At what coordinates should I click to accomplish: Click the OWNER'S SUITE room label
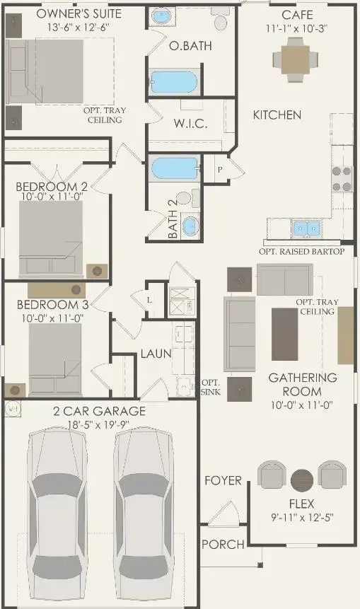[x=69, y=14]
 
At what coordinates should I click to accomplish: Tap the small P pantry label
[x=220, y=170]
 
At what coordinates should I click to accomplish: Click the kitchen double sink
[x=306, y=228]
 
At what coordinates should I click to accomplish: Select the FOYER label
[x=223, y=480]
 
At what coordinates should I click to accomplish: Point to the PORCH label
[x=223, y=545]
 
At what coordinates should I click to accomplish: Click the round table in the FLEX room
[x=302, y=480]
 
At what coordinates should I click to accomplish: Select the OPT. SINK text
[x=211, y=386]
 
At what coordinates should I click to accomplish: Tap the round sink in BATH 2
[x=190, y=226]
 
